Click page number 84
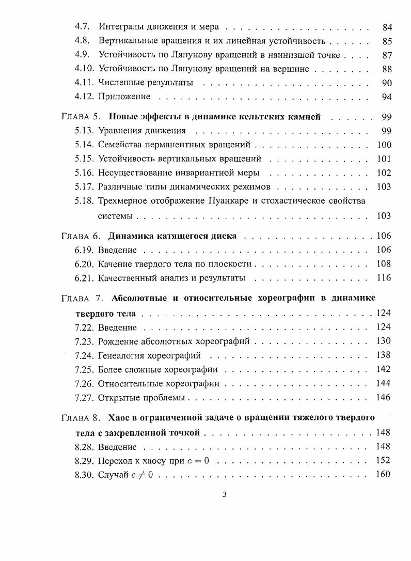pyautogui.click(x=387, y=26)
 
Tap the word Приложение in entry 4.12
pyautogui.click(x=124, y=97)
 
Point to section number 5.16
pyautogui.click(x=84, y=173)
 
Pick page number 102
pyautogui.click(x=384, y=173)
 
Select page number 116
pyautogui.click(x=384, y=278)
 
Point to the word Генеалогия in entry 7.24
pyautogui.click(x=122, y=355)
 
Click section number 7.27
pyautogui.click(x=84, y=398)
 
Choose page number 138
pyautogui.click(x=384, y=355)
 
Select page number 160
pyautogui.click(x=384, y=475)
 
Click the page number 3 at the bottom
pyautogui.click(x=224, y=495)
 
